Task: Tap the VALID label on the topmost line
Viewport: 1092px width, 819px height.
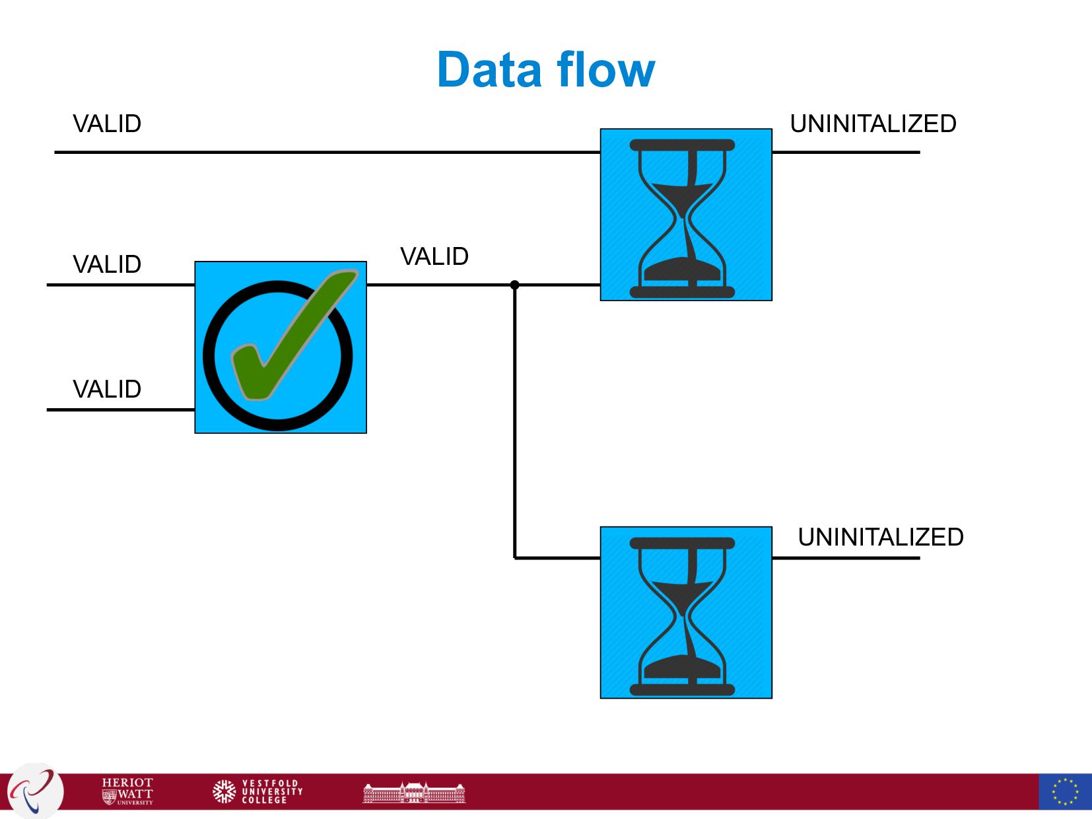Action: [x=107, y=124]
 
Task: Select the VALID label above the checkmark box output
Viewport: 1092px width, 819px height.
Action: [x=434, y=257]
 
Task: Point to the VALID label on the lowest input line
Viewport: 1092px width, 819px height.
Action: [x=107, y=390]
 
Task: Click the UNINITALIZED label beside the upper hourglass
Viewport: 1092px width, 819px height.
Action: [x=873, y=124]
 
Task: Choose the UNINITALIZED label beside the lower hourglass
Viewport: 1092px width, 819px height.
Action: [x=880, y=538]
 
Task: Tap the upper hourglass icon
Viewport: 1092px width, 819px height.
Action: [x=685, y=215]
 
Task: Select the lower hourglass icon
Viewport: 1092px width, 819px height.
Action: [x=685, y=613]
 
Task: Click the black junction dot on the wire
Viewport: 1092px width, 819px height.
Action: [x=515, y=285]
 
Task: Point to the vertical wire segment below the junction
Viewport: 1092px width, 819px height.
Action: [x=515, y=423]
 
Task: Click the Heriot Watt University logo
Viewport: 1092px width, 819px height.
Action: [x=128, y=791]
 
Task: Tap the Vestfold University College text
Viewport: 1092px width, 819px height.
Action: [x=271, y=791]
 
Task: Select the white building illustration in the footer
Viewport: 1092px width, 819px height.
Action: [x=414, y=793]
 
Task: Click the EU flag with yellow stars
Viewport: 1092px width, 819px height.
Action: [x=1064, y=791]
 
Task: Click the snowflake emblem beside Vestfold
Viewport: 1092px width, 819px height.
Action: [x=224, y=791]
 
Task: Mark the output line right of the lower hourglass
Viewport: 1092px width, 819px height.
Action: [x=845, y=558]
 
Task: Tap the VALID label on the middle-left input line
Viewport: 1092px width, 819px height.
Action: [x=107, y=265]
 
